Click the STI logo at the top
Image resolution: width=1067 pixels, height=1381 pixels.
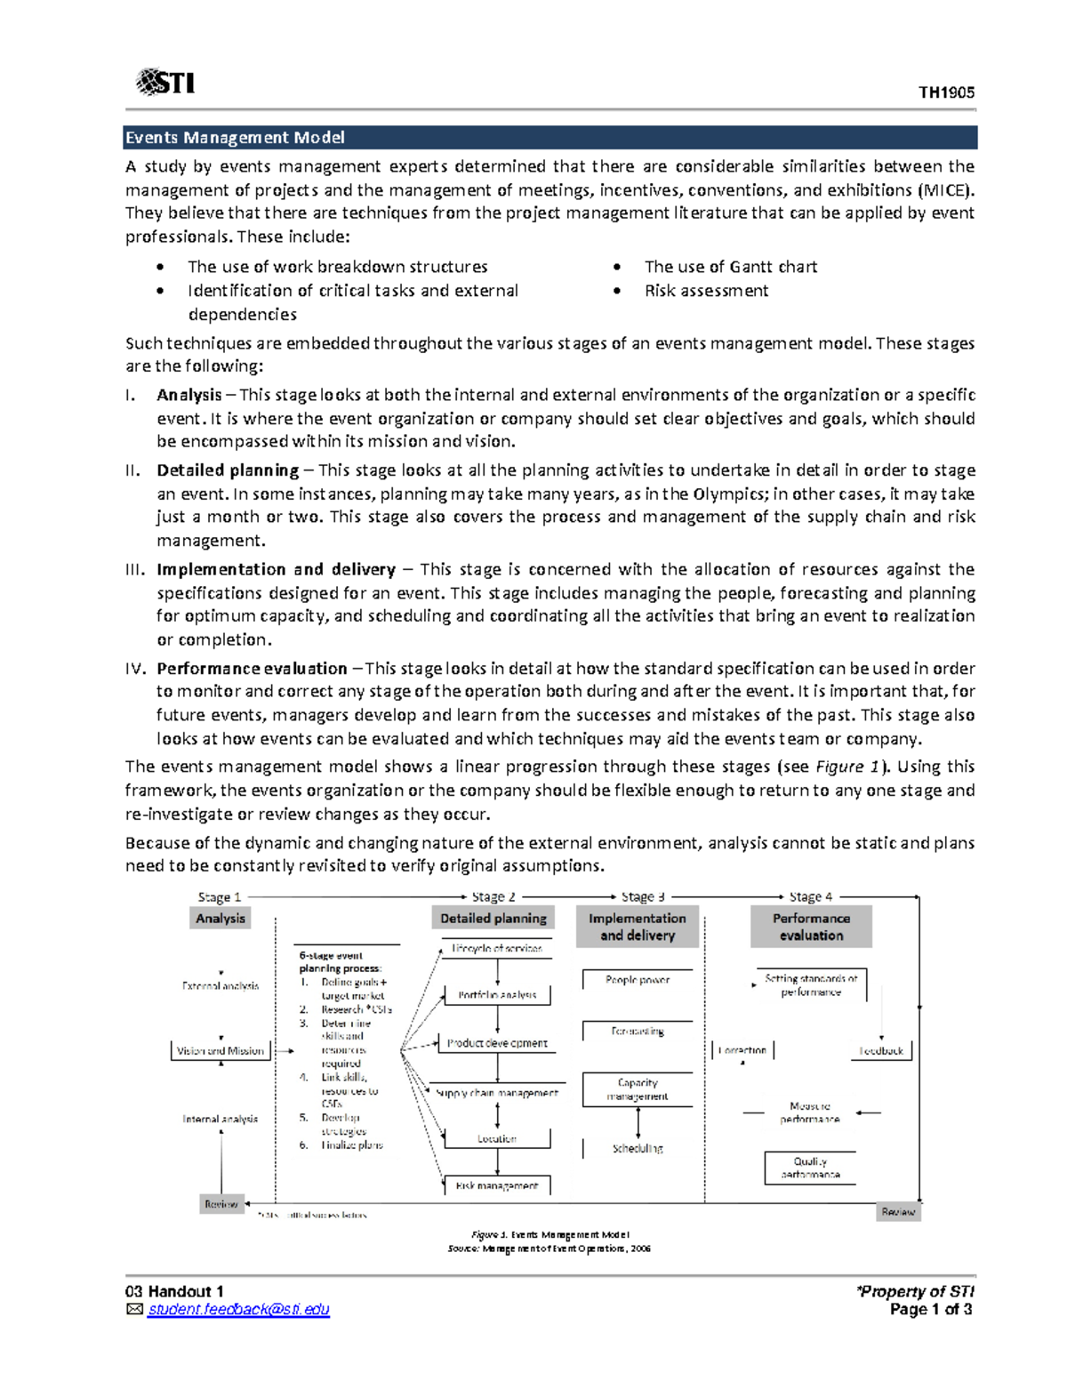[165, 83]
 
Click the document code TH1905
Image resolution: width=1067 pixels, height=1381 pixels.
[946, 92]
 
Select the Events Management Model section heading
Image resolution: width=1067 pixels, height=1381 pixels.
[235, 138]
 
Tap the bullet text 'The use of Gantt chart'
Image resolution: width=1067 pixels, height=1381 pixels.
[730, 267]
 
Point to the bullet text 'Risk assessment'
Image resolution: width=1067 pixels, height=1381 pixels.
[706, 291]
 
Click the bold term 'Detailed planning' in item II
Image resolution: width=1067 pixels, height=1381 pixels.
[228, 470]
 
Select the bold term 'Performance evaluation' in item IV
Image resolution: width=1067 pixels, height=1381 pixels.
[252, 669]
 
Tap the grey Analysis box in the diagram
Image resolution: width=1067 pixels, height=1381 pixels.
[221, 919]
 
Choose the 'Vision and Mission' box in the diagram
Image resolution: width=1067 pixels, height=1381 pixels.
[221, 1051]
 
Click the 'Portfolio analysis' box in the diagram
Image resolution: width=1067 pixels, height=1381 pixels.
[497, 995]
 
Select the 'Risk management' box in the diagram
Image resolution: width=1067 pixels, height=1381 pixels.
[497, 1185]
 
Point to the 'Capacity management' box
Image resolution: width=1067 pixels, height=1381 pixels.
[638, 1089]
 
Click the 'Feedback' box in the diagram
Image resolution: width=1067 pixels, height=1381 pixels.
[881, 1051]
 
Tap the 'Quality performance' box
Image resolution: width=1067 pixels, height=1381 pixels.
[810, 1168]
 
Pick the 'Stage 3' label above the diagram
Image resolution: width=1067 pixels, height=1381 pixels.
[643, 897]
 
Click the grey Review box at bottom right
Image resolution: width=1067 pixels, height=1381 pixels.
[898, 1212]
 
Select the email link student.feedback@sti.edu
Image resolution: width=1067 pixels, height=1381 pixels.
[238, 1310]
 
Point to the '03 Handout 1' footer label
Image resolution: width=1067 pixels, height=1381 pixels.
[174, 1291]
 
